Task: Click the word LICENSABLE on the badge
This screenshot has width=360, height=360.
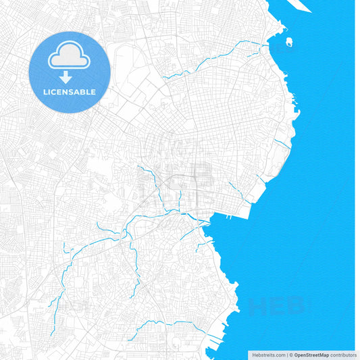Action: coord(70,91)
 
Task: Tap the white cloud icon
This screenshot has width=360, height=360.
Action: coord(70,57)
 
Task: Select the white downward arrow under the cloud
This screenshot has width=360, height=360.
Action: coord(70,76)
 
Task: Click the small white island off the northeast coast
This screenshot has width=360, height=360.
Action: coord(289,42)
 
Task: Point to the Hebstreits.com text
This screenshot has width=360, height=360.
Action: coord(268,355)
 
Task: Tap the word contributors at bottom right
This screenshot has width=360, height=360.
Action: coord(344,355)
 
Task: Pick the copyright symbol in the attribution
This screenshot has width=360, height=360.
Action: coord(290,355)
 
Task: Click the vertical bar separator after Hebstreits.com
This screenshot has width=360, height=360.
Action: coord(286,355)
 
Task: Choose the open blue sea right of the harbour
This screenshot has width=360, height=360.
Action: coord(297,223)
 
